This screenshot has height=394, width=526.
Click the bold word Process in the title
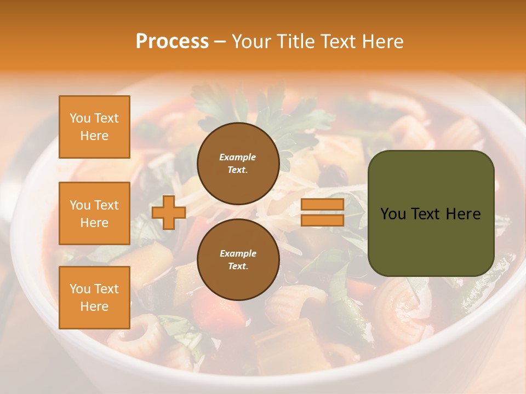[x=172, y=42]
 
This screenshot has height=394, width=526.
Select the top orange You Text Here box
[x=94, y=127]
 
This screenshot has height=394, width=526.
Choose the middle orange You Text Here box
[x=94, y=213]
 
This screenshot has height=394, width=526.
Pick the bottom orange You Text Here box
[x=94, y=298]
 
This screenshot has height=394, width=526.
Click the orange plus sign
[x=169, y=212]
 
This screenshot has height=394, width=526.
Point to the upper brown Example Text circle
[x=238, y=164]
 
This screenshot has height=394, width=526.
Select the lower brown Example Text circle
[x=238, y=260]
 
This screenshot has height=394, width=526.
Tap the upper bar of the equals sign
[x=322, y=205]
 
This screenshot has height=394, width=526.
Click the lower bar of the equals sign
[x=322, y=220]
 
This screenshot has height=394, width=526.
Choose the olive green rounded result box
[x=431, y=213]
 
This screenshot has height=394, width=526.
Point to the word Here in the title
[x=381, y=42]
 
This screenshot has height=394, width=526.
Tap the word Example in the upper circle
[x=238, y=157]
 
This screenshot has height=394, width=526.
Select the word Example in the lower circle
[x=238, y=253]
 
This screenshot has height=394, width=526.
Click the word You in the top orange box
[x=80, y=118]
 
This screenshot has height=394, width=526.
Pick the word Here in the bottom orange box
[x=94, y=306]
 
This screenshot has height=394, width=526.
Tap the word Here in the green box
[x=464, y=214]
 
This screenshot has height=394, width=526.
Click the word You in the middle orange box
[x=80, y=205]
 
